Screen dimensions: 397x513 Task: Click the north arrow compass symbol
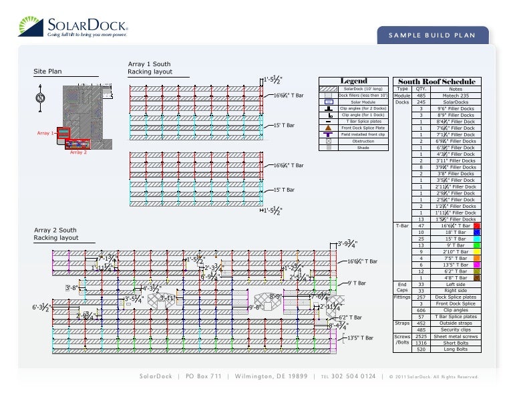[40, 98]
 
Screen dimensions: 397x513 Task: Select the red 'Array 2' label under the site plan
[79, 153]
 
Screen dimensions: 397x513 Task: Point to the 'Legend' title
[354, 81]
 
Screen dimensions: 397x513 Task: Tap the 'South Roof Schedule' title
[437, 82]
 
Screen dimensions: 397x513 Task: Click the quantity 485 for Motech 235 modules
[421, 96]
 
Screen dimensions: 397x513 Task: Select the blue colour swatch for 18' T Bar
[477, 232]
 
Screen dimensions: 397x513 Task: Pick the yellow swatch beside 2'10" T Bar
[477, 251]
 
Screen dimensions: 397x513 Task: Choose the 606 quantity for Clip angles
[421, 310]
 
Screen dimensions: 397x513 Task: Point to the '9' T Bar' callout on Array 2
[359, 283]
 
